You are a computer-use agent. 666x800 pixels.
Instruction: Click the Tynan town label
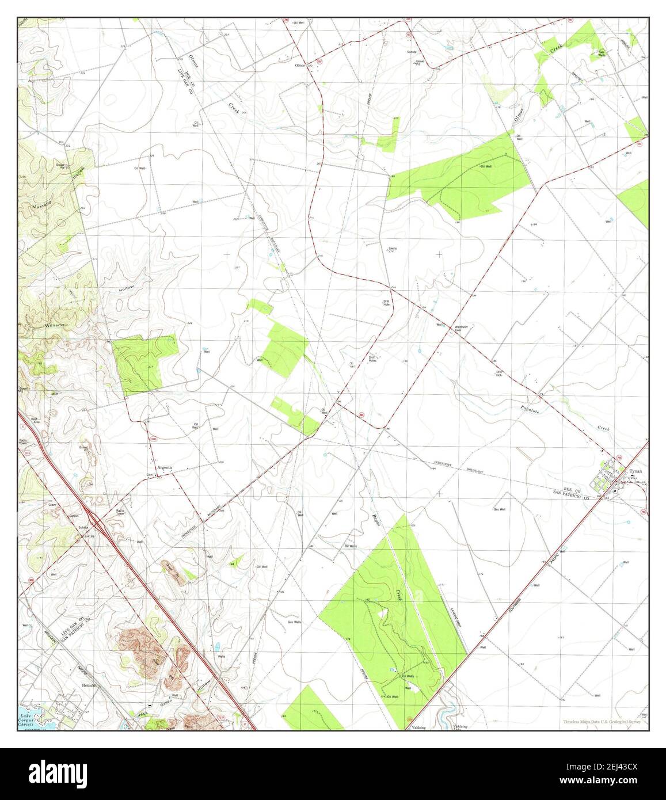635,471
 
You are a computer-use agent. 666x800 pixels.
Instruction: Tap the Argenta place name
164,468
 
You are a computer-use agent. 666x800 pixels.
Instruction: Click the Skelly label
392,249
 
